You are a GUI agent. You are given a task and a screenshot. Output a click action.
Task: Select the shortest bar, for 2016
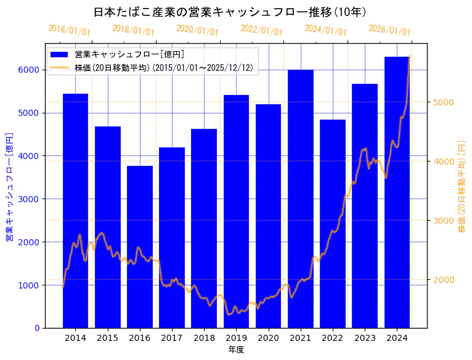click(x=140, y=247)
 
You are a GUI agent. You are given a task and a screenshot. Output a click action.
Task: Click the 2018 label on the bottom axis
click(x=204, y=338)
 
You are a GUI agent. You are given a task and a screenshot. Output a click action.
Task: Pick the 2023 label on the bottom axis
click(x=365, y=338)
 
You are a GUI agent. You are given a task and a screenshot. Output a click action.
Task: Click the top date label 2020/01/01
click(x=197, y=30)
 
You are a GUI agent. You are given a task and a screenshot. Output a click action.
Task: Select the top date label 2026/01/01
click(x=389, y=30)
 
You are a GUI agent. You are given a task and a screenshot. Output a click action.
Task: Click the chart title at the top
click(x=230, y=12)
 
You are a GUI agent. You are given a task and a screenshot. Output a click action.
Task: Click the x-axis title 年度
click(x=236, y=350)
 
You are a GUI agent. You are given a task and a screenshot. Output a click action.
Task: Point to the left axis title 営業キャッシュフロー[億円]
click(x=9, y=186)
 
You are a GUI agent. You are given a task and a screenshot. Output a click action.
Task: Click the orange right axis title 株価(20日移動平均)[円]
click(x=462, y=186)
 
